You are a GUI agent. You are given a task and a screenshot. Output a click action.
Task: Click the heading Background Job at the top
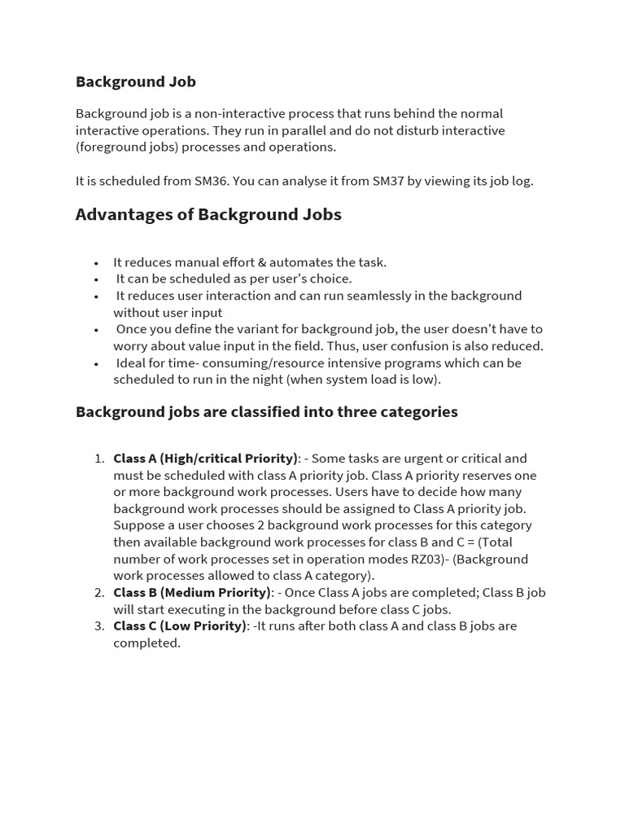coord(136,81)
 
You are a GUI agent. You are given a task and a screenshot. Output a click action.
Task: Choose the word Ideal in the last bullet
coord(133,362)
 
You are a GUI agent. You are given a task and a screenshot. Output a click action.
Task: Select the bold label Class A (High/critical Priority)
coord(205,459)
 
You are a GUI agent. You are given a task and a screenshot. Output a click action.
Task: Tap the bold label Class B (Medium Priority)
coord(191,592)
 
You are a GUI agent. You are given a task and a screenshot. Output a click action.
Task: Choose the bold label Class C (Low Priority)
coord(179,625)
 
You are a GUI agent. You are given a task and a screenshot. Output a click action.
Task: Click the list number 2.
coord(98,592)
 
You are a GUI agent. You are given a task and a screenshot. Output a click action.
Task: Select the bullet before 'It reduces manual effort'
coord(96,263)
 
